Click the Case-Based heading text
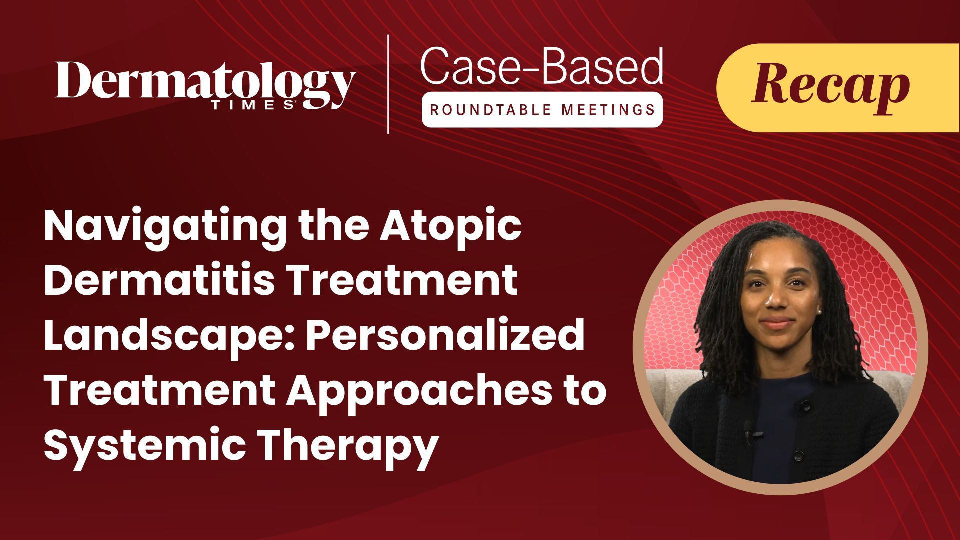pyautogui.click(x=542, y=66)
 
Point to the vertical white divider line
pyautogui.click(x=388, y=84)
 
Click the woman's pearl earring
pyautogui.click(x=820, y=311)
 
